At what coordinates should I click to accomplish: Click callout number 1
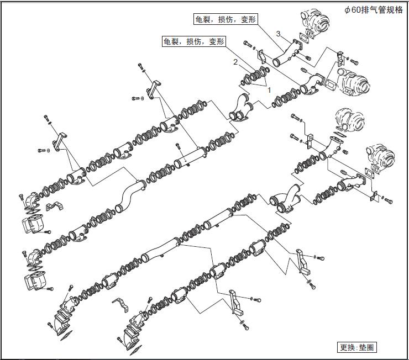(x=269, y=87)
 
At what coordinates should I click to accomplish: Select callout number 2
(x=235, y=62)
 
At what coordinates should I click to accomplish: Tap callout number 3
(x=279, y=34)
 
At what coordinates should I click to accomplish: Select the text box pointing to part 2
(x=194, y=41)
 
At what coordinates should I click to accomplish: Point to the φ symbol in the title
(x=347, y=9)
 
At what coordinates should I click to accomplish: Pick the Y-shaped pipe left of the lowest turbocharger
(x=287, y=202)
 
